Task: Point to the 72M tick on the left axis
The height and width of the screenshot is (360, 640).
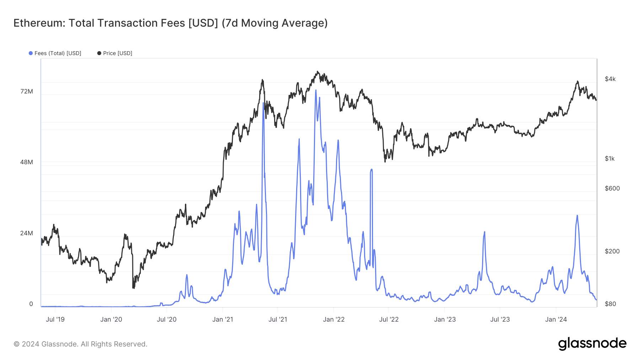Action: pyautogui.click(x=27, y=91)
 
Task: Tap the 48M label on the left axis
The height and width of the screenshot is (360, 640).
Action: pyautogui.click(x=27, y=162)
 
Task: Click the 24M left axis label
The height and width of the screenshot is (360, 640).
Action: pyautogui.click(x=27, y=233)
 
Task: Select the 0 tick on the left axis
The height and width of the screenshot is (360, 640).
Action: pyautogui.click(x=31, y=304)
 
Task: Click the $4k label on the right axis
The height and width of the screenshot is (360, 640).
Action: pyautogui.click(x=610, y=79)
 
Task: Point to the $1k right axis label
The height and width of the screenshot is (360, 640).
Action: pyautogui.click(x=610, y=158)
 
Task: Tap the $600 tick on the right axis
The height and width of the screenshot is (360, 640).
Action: pyautogui.click(x=612, y=188)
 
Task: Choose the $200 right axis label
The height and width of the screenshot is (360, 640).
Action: pyautogui.click(x=612, y=251)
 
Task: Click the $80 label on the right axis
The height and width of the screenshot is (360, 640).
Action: pyautogui.click(x=610, y=304)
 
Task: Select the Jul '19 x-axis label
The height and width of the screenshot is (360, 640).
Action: pyautogui.click(x=55, y=319)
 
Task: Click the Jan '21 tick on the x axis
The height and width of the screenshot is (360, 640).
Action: pyautogui.click(x=223, y=319)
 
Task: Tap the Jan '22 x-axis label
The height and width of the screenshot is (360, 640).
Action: pyautogui.click(x=334, y=319)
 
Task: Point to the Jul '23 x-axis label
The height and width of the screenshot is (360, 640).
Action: pyautogui.click(x=500, y=319)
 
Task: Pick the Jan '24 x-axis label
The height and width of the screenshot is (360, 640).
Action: pyautogui.click(x=556, y=319)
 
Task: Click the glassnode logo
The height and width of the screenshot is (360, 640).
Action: pyautogui.click(x=592, y=344)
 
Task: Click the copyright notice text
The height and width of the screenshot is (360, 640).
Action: pyautogui.click(x=80, y=344)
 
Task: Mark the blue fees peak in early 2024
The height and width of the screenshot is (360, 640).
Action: pyautogui.click(x=577, y=216)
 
